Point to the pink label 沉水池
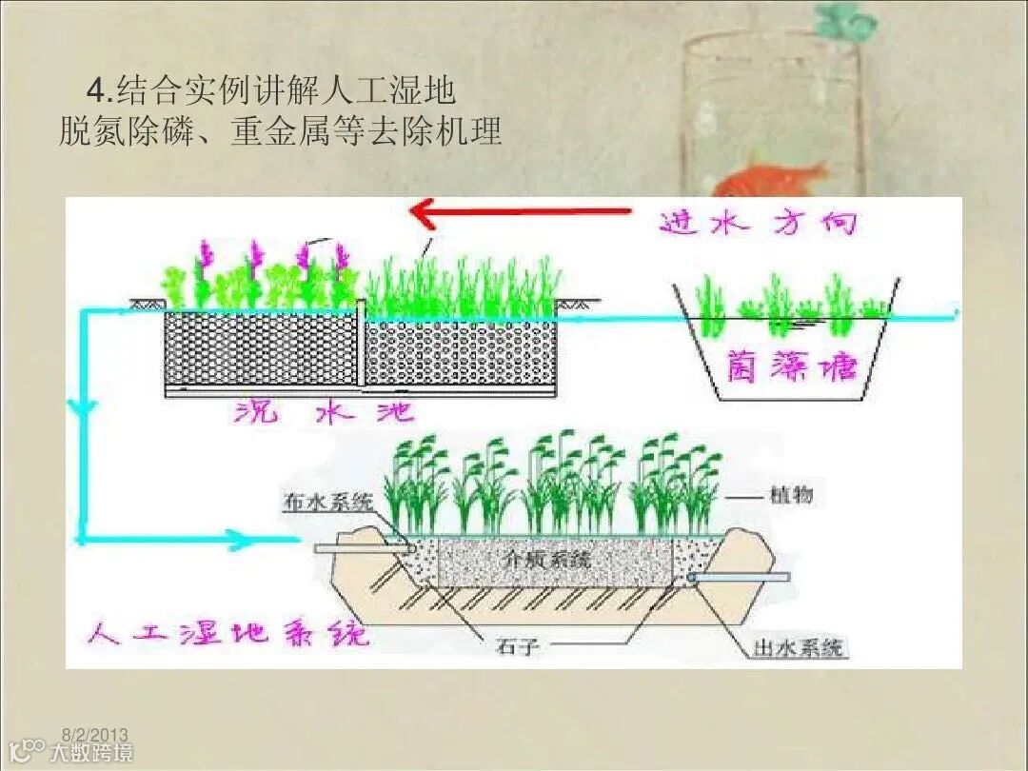(325, 412)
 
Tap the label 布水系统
(327, 503)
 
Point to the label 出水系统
(798, 649)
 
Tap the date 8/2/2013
(94, 734)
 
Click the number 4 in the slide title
(95, 91)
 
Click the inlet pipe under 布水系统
(362, 548)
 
